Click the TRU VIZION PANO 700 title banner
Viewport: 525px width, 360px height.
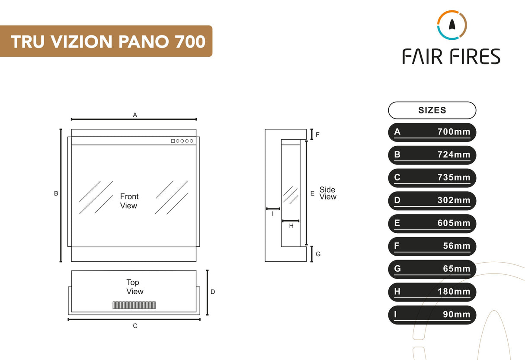point(106,42)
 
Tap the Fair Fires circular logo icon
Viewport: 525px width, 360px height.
point(451,25)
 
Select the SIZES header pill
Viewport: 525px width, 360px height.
point(432,110)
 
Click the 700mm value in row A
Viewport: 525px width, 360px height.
point(454,132)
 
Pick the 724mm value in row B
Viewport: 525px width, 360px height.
point(454,155)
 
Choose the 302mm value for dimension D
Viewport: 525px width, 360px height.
point(454,200)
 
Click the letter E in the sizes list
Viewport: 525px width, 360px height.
point(397,223)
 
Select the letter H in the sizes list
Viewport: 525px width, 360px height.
point(397,292)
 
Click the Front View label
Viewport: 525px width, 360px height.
point(129,201)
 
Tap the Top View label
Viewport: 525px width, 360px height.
point(134,287)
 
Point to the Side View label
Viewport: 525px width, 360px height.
point(327,193)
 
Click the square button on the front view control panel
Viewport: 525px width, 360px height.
point(173,141)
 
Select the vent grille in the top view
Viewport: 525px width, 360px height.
point(134,305)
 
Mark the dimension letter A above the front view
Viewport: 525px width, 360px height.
point(135,115)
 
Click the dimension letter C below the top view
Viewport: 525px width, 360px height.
point(135,326)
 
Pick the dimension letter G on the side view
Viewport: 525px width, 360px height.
point(318,254)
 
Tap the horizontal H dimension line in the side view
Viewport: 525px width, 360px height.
point(291,221)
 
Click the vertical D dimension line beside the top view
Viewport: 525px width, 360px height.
point(208,292)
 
